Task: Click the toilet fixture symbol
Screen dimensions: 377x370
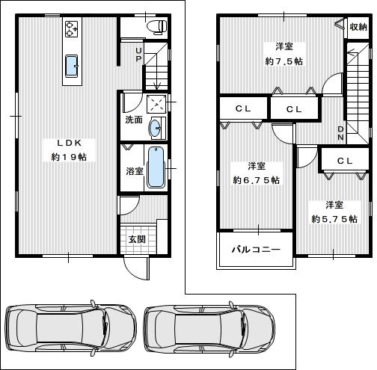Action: click(x=157, y=27)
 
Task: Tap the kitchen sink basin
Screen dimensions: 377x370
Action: click(x=72, y=66)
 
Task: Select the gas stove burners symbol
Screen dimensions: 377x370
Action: click(x=72, y=29)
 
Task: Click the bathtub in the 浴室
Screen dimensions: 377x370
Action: click(x=156, y=167)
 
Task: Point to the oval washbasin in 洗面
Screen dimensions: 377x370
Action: click(x=155, y=129)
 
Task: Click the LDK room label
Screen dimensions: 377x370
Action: click(x=70, y=143)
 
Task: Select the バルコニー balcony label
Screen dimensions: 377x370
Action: click(x=256, y=249)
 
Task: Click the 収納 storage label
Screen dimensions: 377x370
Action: click(x=358, y=27)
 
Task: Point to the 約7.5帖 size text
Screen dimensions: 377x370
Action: click(x=284, y=61)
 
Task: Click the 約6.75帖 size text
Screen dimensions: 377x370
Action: click(x=257, y=180)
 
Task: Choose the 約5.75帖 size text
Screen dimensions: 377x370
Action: click(x=334, y=219)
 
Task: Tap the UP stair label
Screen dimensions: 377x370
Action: click(x=138, y=55)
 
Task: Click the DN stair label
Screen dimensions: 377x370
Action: click(x=340, y=133)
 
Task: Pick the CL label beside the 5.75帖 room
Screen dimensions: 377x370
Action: click(x=345, y=161)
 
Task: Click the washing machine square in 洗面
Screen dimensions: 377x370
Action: click(x=156, y=102)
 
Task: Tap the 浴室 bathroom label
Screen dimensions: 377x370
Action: click(x=135, y=171)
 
